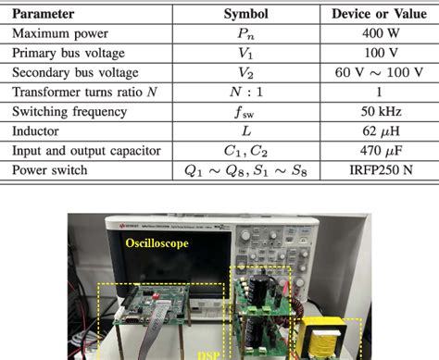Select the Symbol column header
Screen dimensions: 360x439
tap(245, 15)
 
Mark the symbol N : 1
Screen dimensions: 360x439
tap(245, 93)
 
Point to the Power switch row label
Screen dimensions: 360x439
tap(51, 170)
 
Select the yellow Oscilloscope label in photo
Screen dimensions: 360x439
tap(157, 242)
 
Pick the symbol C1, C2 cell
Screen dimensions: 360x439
tap(245, 151)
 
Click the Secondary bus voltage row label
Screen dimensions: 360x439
tap(74, 73)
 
